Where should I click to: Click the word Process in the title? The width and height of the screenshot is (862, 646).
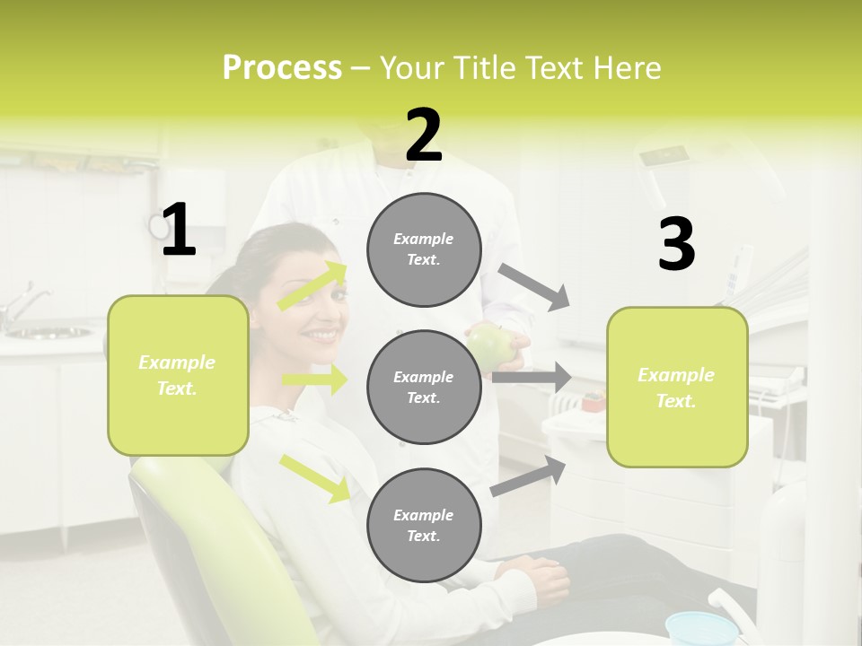point(282,67)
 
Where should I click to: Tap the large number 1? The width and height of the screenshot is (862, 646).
point(179,230)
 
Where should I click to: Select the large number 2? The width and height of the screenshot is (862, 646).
point(424,135)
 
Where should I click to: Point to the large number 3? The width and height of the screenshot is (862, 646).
point(676,244)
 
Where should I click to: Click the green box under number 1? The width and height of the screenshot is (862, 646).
point(178,375)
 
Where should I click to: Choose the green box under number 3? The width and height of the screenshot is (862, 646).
point(677,387)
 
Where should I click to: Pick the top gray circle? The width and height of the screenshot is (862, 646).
point(424,249)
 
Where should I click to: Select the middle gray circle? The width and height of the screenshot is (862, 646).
point(424,387)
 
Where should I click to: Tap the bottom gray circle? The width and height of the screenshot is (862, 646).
point(424,525)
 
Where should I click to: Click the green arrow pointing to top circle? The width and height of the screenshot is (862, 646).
point(312,286)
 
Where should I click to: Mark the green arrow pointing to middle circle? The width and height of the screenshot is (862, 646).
point(314,380)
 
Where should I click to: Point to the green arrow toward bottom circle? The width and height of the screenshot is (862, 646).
point(315,477)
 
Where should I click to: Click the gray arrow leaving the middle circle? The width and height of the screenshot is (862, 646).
point(532,378)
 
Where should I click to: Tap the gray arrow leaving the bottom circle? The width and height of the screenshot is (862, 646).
point(529,476)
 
